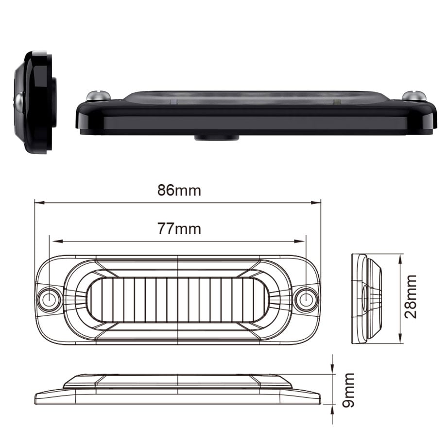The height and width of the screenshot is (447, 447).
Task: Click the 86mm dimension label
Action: point(179,190)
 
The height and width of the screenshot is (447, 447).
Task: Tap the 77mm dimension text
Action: point(179,229)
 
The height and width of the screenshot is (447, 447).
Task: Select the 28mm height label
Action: point(411,296)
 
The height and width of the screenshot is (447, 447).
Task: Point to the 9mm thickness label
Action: point(348,390)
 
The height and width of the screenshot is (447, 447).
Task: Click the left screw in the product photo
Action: point(98,96)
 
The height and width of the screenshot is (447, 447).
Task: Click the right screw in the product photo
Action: point(414,96)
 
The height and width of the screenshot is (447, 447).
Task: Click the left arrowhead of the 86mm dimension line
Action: point(39,203)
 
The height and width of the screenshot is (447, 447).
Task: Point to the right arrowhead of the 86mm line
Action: point(316,203)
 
